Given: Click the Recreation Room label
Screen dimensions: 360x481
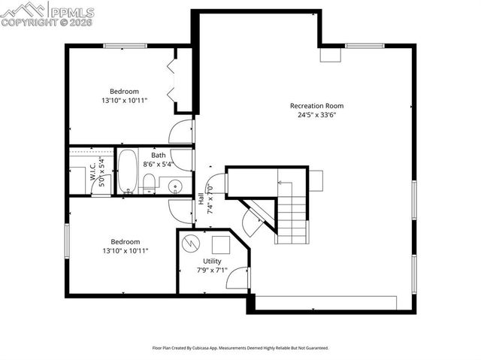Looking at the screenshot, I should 316,106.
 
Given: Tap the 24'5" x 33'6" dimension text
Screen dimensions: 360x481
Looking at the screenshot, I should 316,116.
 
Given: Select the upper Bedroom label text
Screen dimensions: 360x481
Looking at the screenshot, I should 124,91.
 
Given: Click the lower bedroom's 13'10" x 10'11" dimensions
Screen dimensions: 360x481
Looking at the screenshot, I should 124,251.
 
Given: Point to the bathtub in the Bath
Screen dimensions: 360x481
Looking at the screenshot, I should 127,170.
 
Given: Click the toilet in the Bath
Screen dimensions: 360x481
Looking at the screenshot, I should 150,183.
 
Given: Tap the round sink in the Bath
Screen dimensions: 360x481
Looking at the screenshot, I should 176,185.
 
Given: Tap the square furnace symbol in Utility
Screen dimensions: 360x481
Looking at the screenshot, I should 221,245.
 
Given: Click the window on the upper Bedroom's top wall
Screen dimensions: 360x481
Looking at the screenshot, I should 125,46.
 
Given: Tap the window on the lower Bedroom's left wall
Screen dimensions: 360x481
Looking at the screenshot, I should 68,243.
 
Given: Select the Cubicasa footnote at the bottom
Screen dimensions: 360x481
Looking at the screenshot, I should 240,348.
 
